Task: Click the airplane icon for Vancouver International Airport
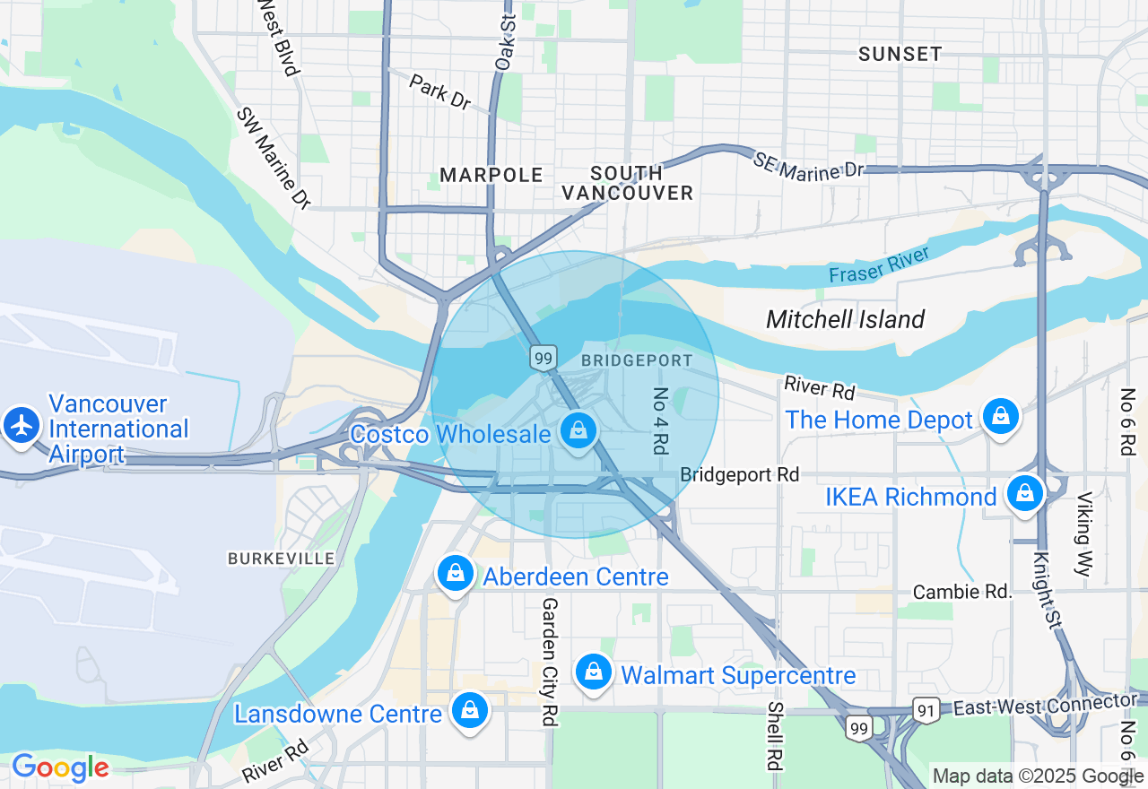point(22,424)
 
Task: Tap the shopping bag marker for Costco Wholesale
point(579,431)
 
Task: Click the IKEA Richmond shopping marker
point(1023,494)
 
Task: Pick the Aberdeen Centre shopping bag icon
point(456,574)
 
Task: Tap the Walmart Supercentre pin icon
point(593,672)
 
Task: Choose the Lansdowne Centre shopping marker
point(469,711)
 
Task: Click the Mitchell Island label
point(845,319)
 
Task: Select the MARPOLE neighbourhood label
point(491,175)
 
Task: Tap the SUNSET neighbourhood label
point(900,54)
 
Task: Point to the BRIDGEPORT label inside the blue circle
point(637,360)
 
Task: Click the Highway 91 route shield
point(926,709)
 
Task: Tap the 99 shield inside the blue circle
point(543,358)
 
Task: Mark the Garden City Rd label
point(549,662)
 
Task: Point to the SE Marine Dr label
point(808,164)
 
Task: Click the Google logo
point(60,767)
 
